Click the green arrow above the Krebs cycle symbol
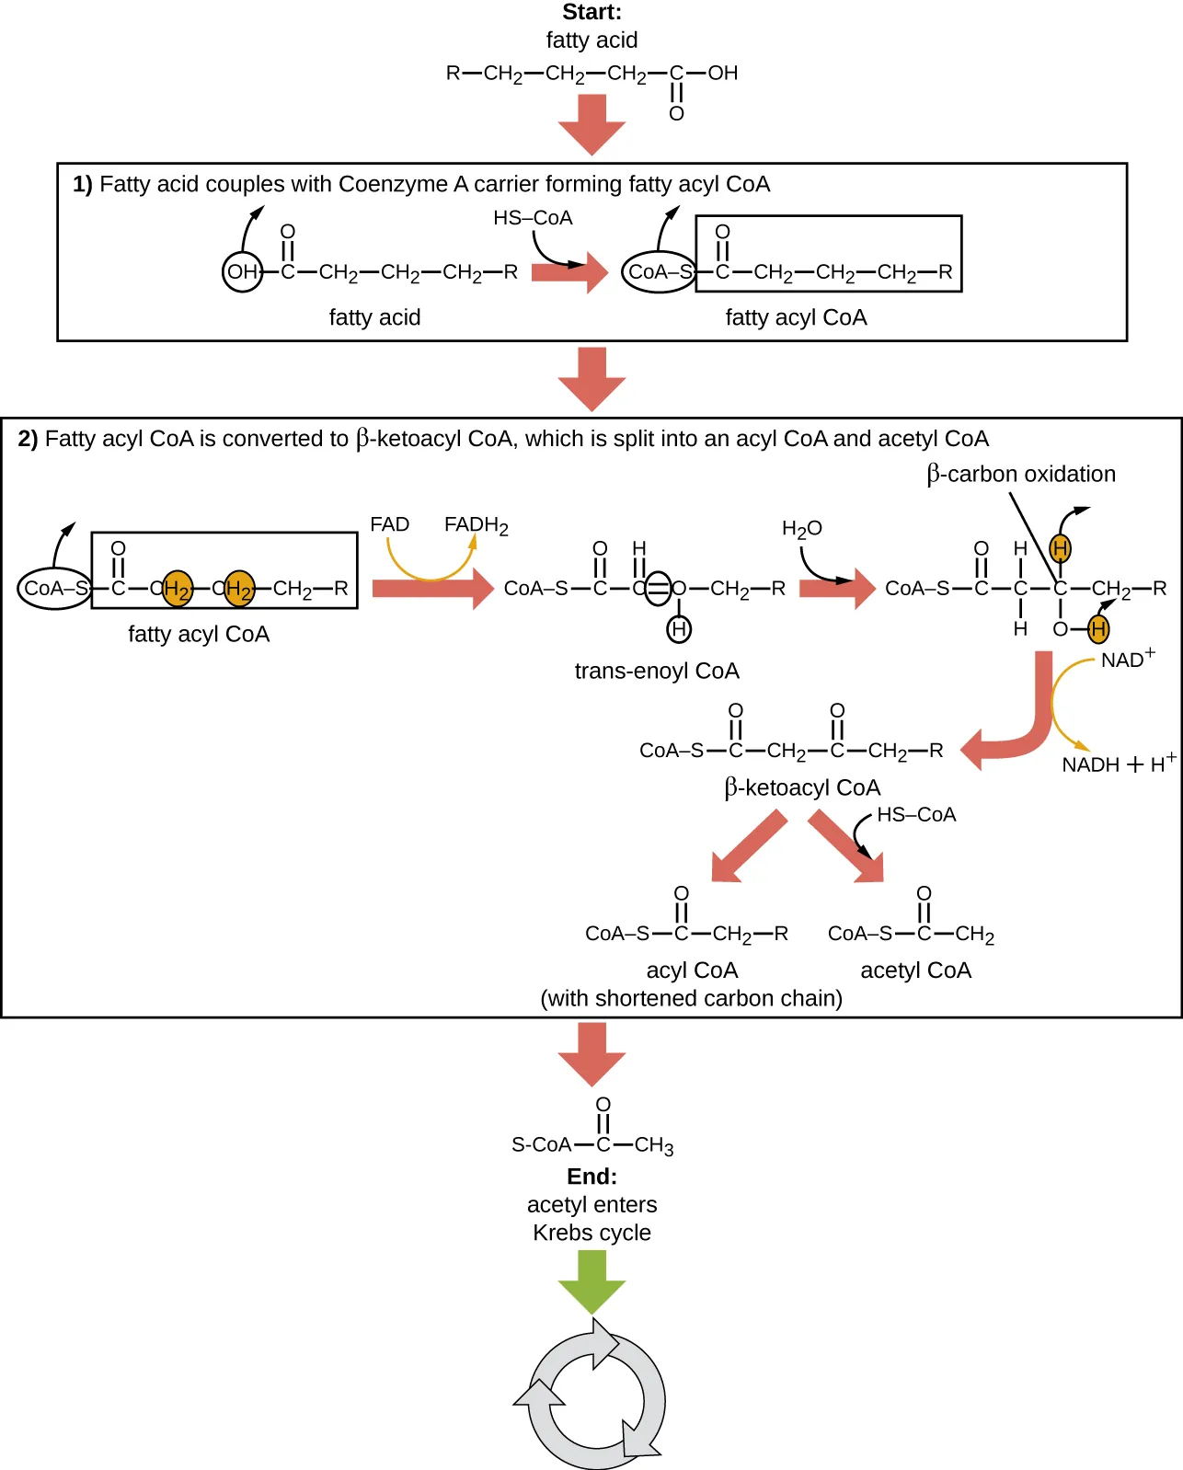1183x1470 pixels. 591,1281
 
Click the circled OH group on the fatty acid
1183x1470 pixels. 243,272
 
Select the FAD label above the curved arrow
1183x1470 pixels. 389,524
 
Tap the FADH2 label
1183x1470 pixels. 476,525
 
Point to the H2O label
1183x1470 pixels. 801,529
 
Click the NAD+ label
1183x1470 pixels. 1127,660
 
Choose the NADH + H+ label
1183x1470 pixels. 1118,764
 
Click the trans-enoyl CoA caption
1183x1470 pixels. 657,671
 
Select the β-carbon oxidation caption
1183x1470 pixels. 1021,474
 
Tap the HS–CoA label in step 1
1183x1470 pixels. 533,218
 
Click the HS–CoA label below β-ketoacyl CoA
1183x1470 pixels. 915,815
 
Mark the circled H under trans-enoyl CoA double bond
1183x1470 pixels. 679,629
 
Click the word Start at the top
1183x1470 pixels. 591,12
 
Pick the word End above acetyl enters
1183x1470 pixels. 591,1177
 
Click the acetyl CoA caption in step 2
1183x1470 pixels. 915,970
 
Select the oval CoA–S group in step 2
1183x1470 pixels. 54,589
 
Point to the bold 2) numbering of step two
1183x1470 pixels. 28,439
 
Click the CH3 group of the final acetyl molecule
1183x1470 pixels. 654,1145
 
